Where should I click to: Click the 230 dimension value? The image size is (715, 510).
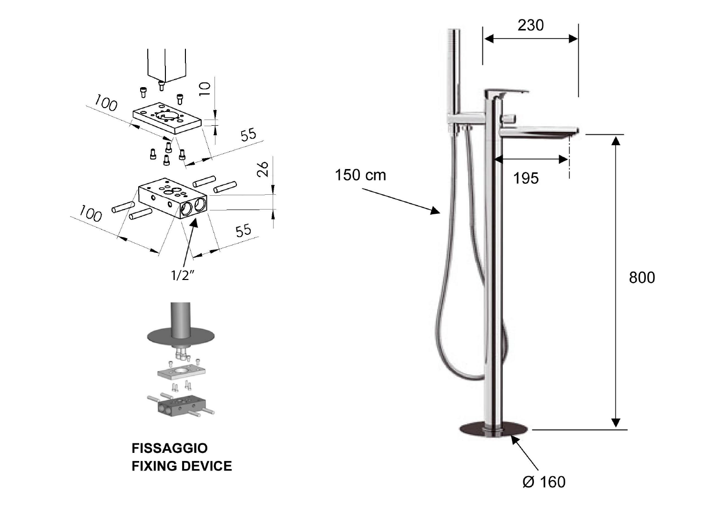[531, 25]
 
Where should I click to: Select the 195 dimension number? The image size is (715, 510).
[526, 178]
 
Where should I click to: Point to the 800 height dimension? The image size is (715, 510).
[642, 277]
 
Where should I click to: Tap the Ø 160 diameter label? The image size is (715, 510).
[544, 481]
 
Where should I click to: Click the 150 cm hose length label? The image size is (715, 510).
[360, 175]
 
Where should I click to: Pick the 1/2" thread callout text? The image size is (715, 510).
[183, 275]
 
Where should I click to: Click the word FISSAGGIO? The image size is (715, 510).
[169, 448]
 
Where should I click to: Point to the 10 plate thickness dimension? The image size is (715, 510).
[205, 89]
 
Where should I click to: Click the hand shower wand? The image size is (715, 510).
[454, 71]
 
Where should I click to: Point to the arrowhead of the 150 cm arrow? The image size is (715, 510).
[436, 211]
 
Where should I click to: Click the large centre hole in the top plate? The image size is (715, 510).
[167, 115]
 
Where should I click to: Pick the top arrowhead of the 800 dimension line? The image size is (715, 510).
[616, 140]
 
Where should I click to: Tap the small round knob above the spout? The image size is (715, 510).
[511, 118]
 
